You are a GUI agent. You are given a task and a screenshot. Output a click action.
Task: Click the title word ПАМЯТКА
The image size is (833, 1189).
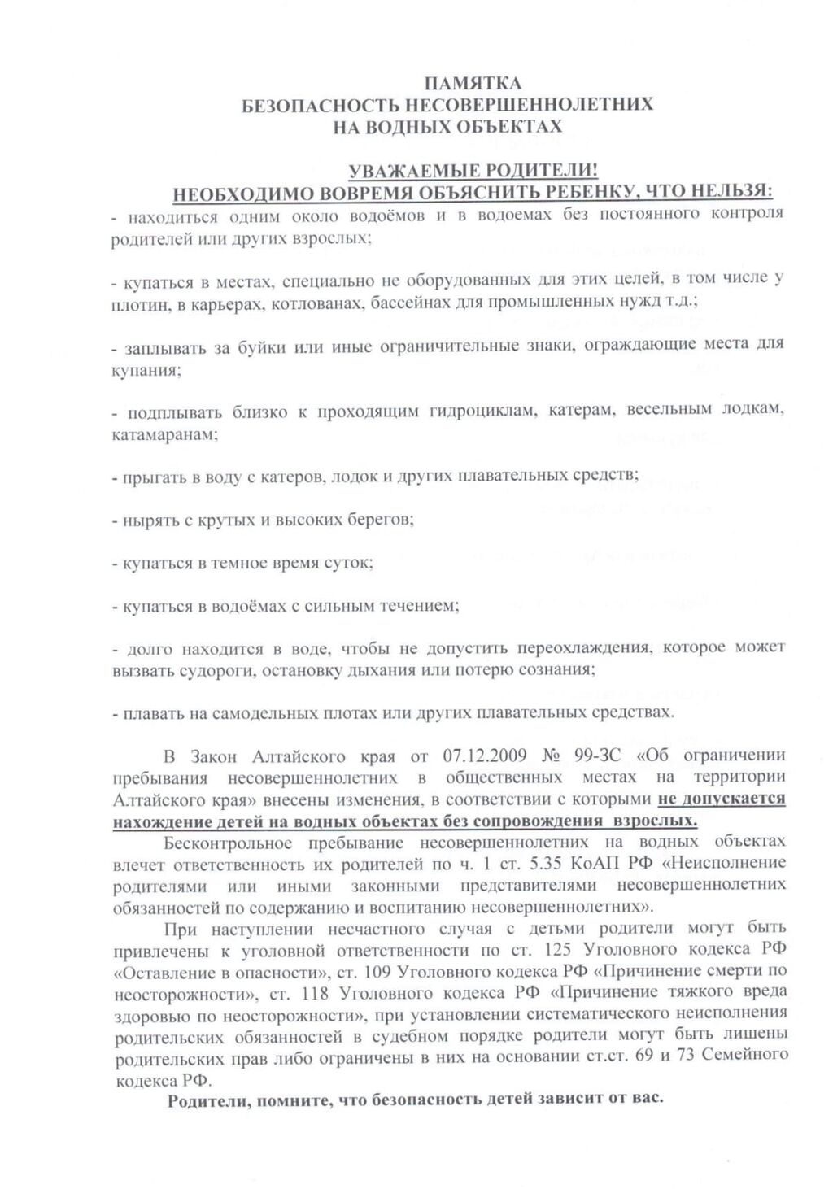[473, 83]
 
